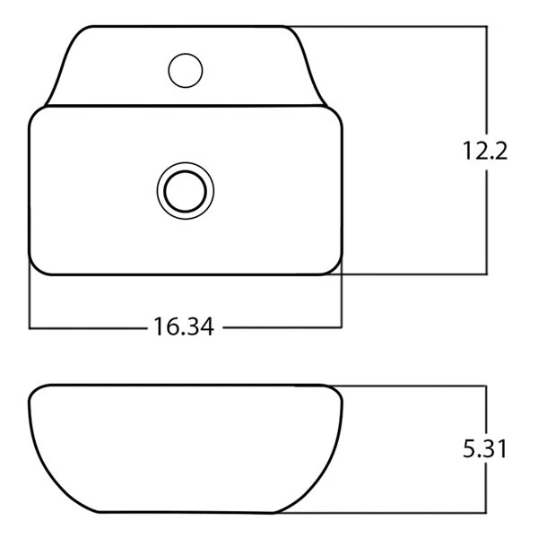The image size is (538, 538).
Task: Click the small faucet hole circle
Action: click(x=186, y=70)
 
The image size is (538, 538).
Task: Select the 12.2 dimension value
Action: click(x=486, y=151)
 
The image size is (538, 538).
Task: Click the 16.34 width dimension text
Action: click(x=183, y=328)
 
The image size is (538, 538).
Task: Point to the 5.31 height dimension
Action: click(x=486, y=448)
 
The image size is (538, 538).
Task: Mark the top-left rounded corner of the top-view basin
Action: click(x=38, y=116)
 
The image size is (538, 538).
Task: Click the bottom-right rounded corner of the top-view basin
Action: click(x=334, y=266)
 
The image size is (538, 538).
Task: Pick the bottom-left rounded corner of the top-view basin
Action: click(x=38, y=266)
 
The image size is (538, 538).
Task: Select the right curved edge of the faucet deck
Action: click(x=314, y=72)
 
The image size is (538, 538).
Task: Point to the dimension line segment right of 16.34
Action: click(x=282, y=328)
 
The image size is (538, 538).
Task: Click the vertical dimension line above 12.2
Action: click(x=486, y=81)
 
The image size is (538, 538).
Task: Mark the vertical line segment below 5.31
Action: click(x=486, y=489)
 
